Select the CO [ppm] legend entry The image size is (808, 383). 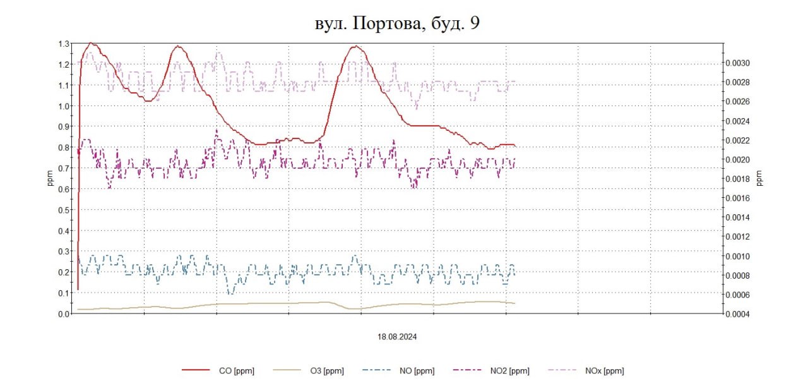point(235,371)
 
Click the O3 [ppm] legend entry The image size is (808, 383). point(327,371)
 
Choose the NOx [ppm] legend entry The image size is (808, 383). point(604,371)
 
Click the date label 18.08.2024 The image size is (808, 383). point(397,337)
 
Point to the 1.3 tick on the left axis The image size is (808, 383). point(64,44)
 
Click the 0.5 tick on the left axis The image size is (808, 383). point(64,210)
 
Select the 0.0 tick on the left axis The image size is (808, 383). point(64,313)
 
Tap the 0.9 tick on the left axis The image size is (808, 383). point(64,126)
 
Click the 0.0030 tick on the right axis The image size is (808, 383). point(738,63)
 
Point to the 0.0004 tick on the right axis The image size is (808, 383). point(738,314)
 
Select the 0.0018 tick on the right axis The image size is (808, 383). point(738,179)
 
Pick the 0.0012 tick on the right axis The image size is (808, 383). point(738,237)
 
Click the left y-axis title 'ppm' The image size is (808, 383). point(50,179)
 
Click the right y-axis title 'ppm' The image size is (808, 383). point(759,179)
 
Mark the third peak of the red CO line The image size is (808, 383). point(357,46)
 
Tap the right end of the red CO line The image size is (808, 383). point(515,145)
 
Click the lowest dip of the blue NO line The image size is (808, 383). point(231,293)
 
